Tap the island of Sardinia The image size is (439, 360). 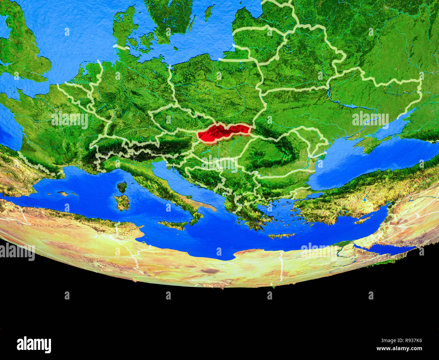click(x=122, y=202)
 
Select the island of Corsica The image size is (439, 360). click(x=122, y=187)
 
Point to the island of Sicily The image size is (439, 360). click(x=173, y=225)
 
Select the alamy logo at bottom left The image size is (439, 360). click(x=34, y=344)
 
